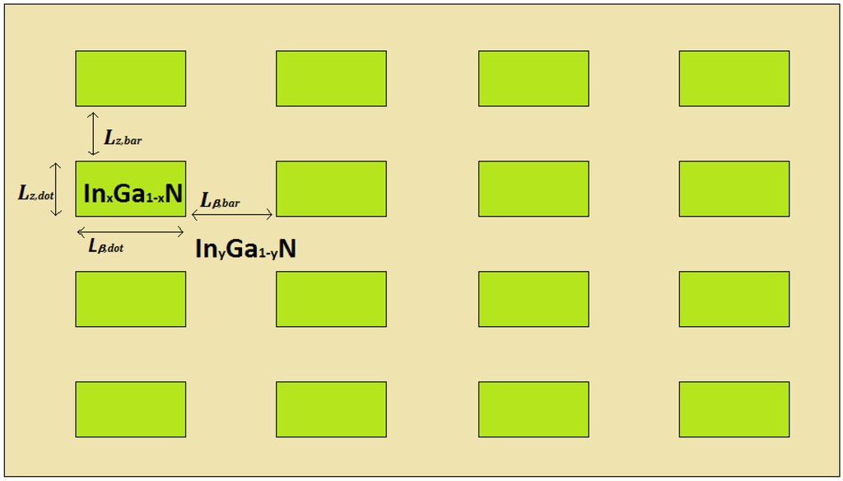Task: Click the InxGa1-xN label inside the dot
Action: pyautogui.click(x=133, y=194)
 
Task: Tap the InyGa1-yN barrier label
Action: pyautogui.click(x=245, y=249)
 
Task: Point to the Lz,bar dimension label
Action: pyautogui.click(x=123, y=139)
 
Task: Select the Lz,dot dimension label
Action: pyautogui.click(x=35, y=194)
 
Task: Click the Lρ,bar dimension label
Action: pyautogui.click(x=221, y=200)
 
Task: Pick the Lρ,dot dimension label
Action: pyautogui.click(x=106, y=245)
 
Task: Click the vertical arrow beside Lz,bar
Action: pyautogui.click(x=93, y=133)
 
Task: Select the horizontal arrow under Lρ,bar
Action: pyautogui.click(x=231, y=215)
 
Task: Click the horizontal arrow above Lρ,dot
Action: pyautogui.click(x=130, y=231)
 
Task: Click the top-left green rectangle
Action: pyautogui.click(x=131, y=78)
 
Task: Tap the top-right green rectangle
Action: pyautogui.click(x=734, y=78)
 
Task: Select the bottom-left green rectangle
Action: pyautogui.click(x=131, y=409)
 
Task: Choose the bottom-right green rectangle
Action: pyautogui.click(x=734, y=409)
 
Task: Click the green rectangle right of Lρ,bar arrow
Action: pyautogui.click(x=331, y=189)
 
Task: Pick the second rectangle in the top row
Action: pyautogui.click(x=331, y=78)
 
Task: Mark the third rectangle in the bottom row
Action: pyautogui.click(x=533, y=409)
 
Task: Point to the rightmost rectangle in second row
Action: pyautogui.click(x=734, y=189)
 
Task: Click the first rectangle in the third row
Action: pyautogui.click(x=131, y=299)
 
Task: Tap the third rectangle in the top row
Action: pyautogui.click(x=533, y=78)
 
